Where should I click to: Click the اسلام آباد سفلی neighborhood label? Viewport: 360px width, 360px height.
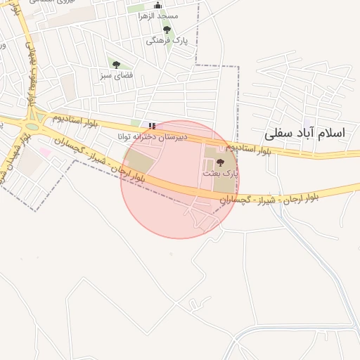tap(306, 133)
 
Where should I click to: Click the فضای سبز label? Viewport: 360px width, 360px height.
tap(116, 74)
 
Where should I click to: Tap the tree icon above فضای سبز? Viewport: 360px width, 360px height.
tap(116, 65)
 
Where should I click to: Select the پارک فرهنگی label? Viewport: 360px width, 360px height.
tap(167, 40)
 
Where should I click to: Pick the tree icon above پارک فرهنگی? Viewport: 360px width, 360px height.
tap(167, 30)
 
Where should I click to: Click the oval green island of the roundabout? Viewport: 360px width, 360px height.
tap(32, 127)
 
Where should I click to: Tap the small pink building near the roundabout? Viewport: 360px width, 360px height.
tap(46, 151)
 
